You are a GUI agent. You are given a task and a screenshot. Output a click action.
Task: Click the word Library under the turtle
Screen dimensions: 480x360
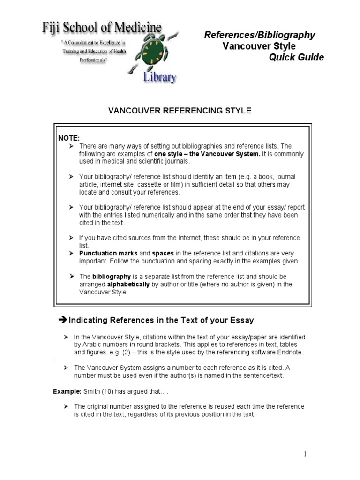160,77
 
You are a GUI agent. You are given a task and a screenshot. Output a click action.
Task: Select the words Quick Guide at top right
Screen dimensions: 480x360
296,57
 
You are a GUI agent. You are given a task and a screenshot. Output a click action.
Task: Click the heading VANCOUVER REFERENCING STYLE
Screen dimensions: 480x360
180,111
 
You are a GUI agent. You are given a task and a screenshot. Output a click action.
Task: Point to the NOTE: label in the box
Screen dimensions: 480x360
69,138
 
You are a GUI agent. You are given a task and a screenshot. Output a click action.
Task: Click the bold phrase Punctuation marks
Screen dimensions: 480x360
102,253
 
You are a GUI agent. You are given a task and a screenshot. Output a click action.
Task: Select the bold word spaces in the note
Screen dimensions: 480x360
163,253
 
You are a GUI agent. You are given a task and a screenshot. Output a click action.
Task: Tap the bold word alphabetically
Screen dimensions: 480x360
130,284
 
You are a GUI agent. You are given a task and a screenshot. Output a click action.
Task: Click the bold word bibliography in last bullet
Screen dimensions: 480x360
112,277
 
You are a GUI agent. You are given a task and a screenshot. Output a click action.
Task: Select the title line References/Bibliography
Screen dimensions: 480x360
260,35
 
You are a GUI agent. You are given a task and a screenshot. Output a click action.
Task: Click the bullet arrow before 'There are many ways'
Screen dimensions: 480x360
72,146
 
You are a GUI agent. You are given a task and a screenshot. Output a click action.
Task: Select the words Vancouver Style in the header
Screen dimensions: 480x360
259,46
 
